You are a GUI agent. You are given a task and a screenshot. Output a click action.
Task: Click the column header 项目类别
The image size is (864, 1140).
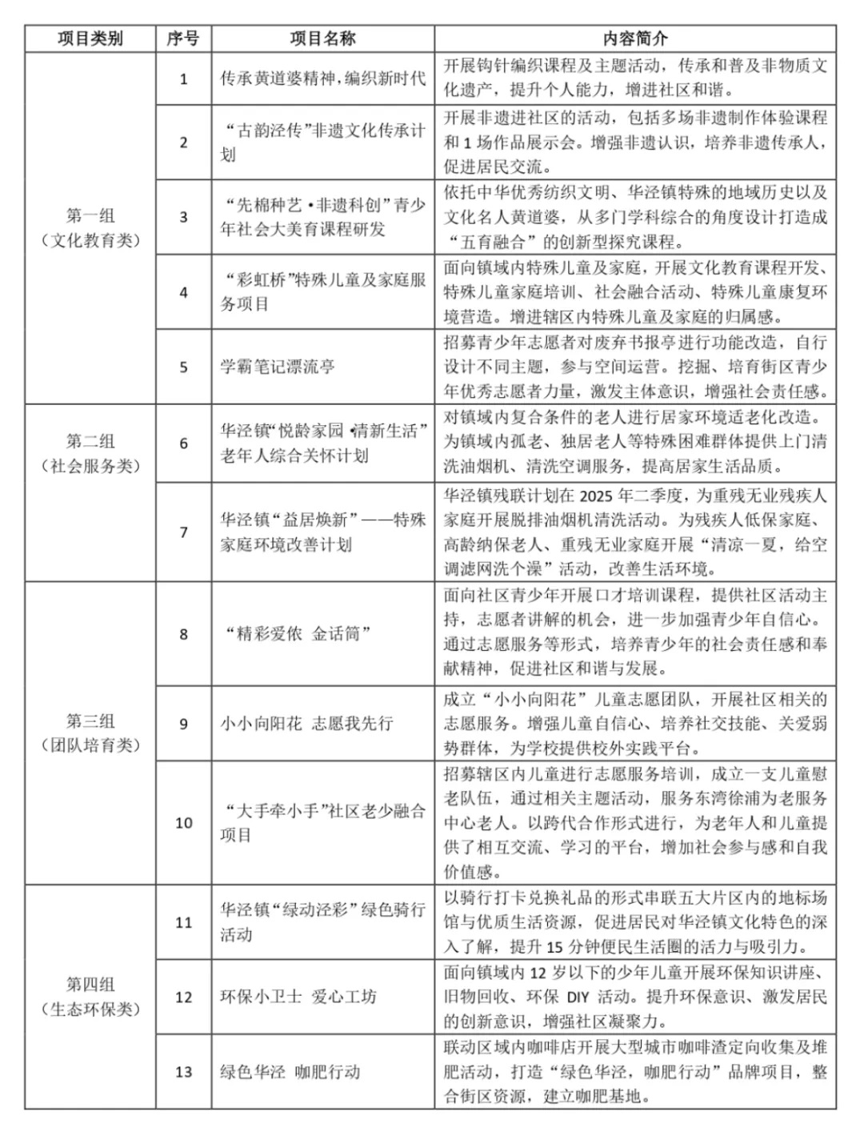point(90,38)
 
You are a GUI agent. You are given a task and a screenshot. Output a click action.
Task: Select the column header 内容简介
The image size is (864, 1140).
point(634,38)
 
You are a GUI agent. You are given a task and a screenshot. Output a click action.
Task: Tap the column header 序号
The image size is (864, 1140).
point(183,38)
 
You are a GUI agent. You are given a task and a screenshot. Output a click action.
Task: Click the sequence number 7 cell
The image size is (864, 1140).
point(183,532)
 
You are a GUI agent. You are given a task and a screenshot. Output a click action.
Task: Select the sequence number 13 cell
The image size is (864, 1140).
point(183,1072)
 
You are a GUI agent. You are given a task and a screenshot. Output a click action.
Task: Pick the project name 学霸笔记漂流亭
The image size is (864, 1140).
point(278,367)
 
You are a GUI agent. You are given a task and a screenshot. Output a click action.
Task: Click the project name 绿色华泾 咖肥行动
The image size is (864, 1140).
point(290,1072)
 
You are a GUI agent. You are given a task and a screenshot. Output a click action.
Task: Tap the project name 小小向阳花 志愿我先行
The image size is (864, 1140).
point(306,724)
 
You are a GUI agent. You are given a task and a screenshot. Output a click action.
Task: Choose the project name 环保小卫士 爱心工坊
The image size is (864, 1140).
point(298,997)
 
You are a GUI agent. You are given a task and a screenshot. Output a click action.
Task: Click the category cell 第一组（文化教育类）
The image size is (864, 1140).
point(90,228)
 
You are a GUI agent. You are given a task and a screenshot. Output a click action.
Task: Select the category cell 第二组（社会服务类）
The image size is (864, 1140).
point(90,454)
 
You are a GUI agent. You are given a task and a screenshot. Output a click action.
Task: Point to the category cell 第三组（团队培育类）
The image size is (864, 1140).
point(90,733)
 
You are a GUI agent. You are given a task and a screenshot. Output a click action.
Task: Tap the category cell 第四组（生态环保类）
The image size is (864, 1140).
point(90,997)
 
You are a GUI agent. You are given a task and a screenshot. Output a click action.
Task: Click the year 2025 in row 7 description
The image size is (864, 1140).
point(601,496)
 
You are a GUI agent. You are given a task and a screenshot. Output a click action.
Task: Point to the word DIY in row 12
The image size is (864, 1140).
point(578,997)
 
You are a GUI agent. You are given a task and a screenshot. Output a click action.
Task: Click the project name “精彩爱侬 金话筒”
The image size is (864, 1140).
point(298,634)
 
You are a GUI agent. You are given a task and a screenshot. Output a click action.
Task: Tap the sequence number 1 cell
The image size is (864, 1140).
point(183,78)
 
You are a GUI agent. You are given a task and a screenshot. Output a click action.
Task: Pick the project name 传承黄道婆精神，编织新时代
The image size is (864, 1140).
point(322,78)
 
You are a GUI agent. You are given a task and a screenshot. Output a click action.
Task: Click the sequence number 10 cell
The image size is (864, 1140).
point(183,823)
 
